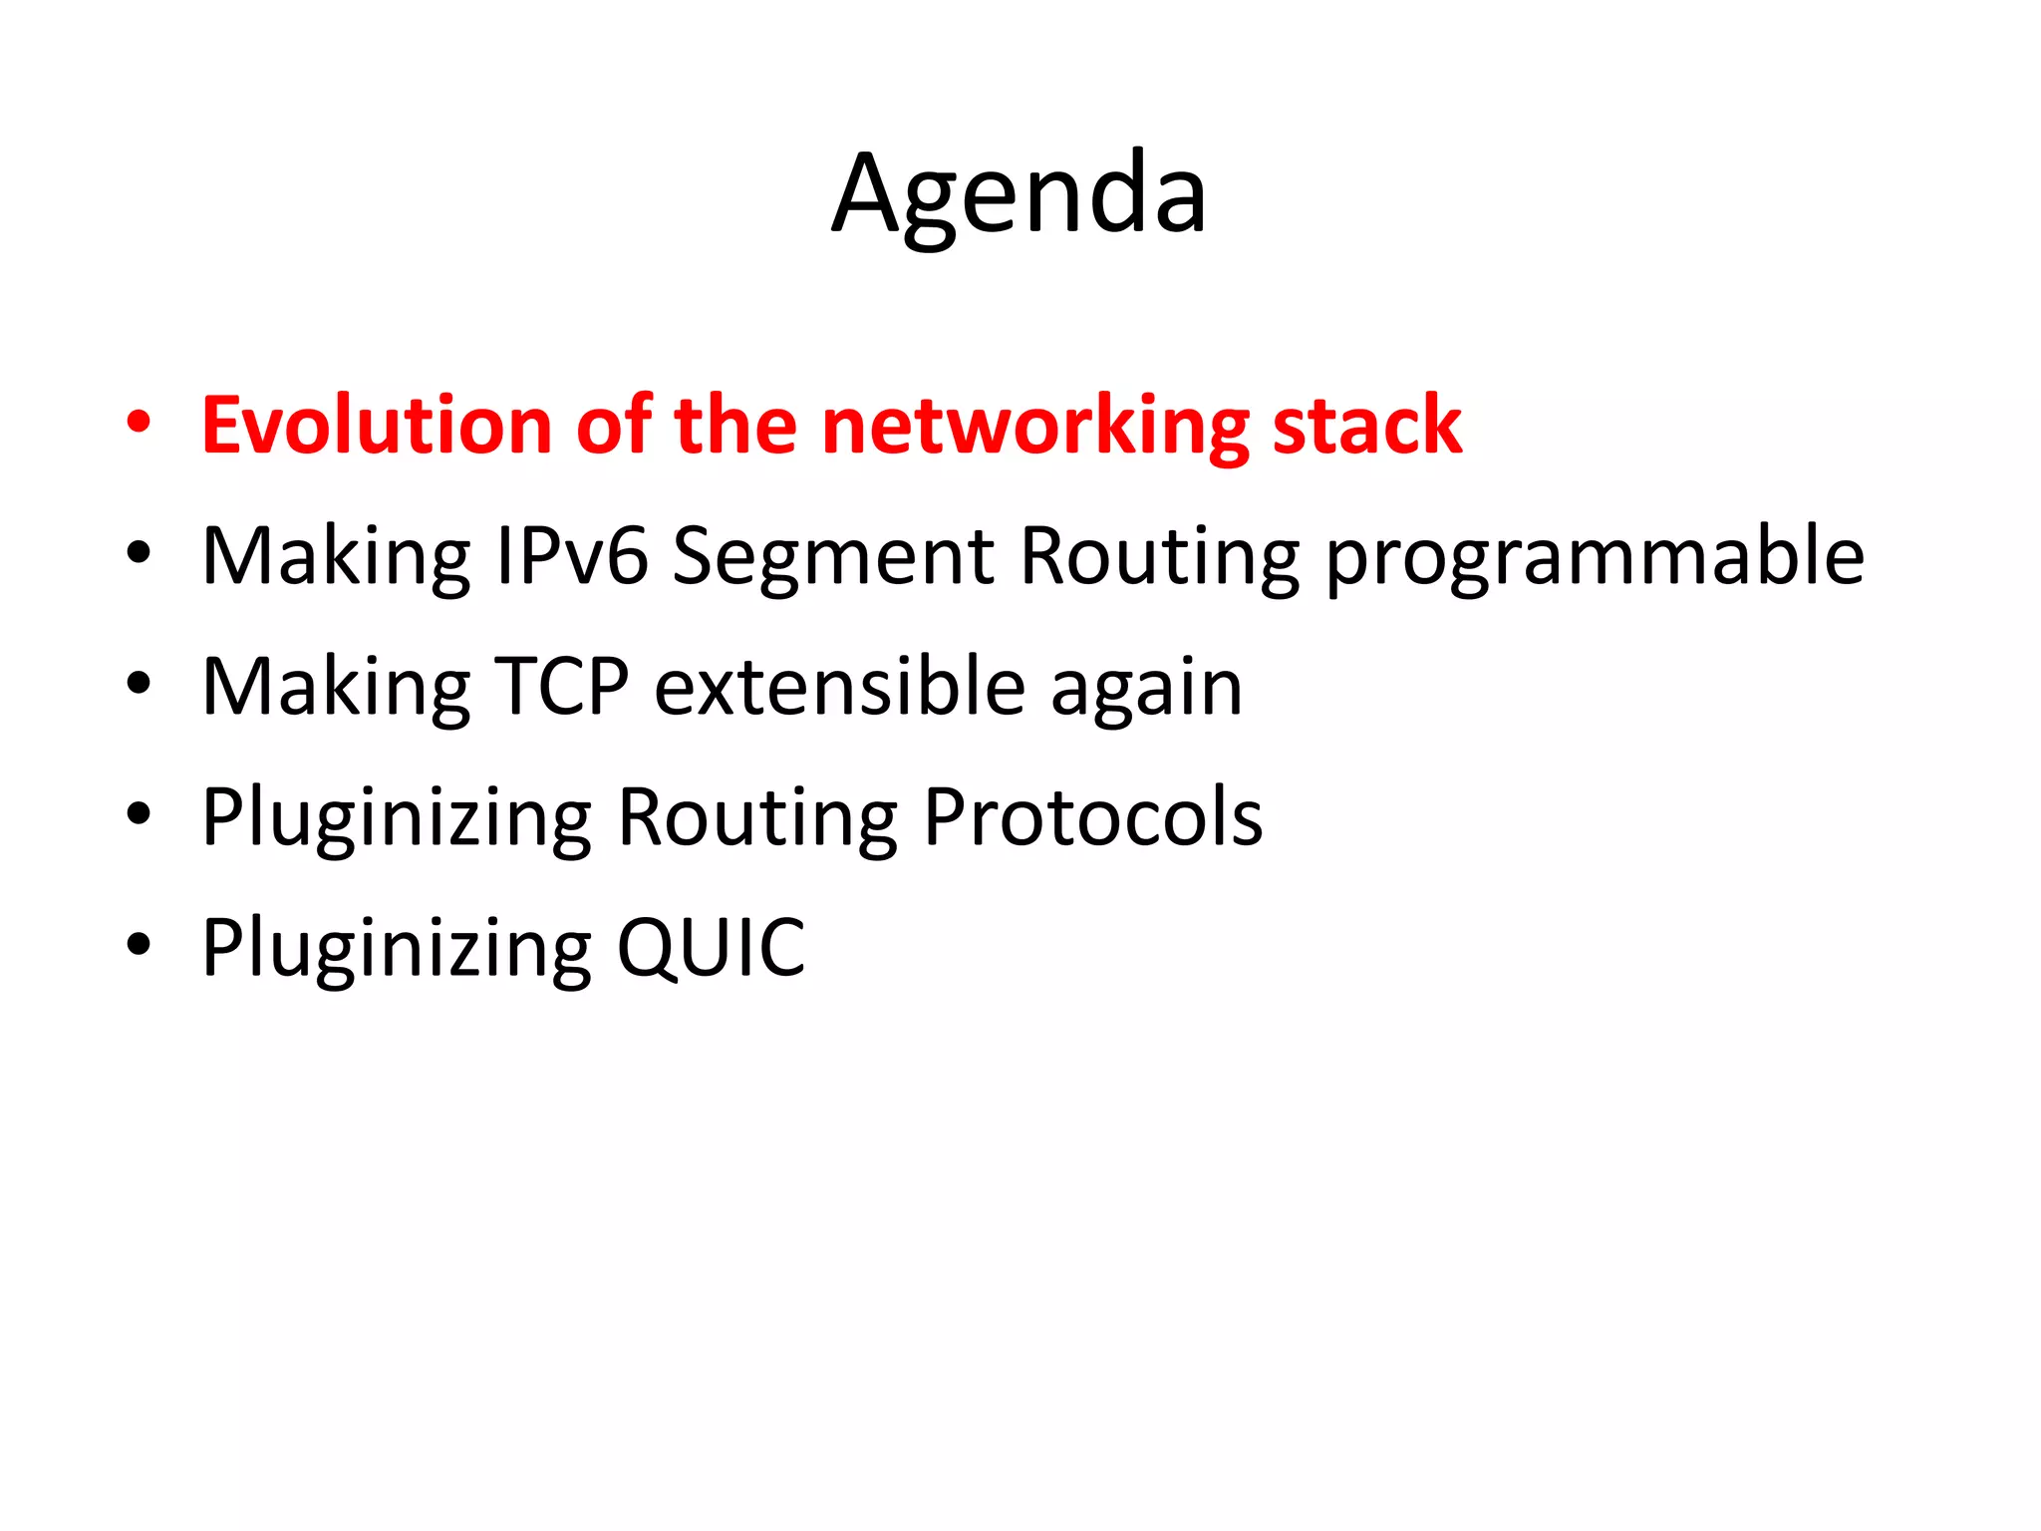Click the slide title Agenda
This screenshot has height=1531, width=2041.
1019,194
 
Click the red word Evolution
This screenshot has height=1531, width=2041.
376,426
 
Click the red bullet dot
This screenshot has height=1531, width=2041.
139,421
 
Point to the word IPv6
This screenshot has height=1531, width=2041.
572,556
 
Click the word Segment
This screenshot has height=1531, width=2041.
834,556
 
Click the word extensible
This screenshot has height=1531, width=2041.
839,687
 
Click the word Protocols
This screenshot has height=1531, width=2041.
1093,817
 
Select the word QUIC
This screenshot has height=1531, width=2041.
711,948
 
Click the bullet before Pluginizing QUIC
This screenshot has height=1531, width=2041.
139,943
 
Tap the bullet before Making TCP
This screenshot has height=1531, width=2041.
139,683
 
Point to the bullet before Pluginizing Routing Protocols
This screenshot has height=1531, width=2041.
139,813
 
